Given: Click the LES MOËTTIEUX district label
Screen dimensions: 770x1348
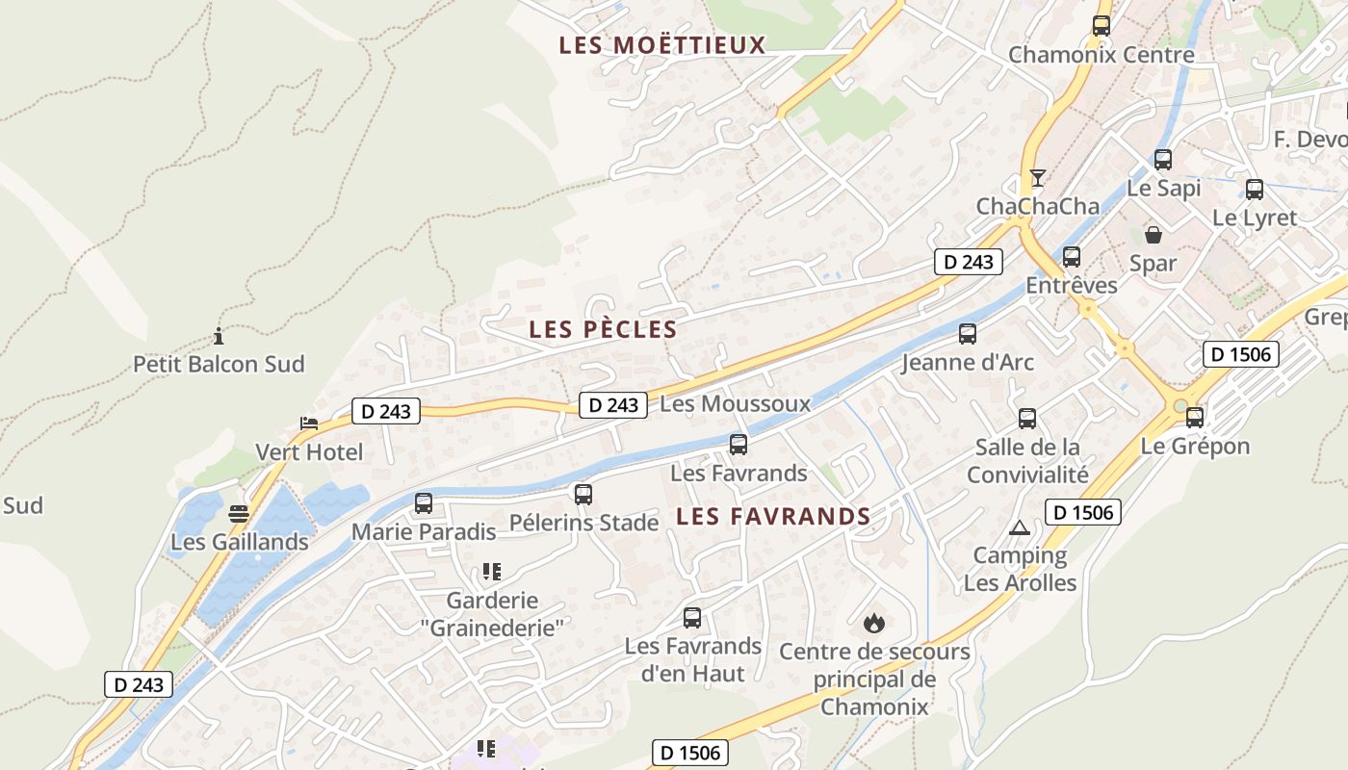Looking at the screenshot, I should click(x=661, y=45).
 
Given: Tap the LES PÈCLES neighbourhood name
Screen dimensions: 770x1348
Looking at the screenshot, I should click(x=603, y=329).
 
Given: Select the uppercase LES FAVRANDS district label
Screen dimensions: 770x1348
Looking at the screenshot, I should click(x=773, y=517).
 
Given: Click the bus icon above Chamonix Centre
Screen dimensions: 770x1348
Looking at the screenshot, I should click(x=1102, y=26).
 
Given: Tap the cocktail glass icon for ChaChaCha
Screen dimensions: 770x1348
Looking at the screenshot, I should click(x=1037, y=178).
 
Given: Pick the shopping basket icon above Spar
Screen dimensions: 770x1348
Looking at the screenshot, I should click(x=1153, y=234).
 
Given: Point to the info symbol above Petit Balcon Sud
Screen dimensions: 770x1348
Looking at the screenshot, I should click(x=219, y=336).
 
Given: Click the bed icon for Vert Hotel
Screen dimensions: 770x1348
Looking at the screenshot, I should click(x=308, y=423).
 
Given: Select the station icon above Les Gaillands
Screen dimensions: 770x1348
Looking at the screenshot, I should click(x=239, y=514).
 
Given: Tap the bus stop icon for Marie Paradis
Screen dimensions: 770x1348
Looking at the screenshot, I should click(x=424, y=502).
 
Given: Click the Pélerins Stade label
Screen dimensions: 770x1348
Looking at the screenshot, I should click(x=583, y=524).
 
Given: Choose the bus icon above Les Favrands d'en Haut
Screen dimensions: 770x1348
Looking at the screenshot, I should click(x=692, y=618).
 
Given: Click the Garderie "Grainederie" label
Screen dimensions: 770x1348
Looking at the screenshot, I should click(x=491, y=613).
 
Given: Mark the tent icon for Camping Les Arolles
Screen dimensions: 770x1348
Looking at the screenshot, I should click(x=1020, y=527).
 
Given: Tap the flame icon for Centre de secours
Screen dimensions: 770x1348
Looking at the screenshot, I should click(x=874, y=623).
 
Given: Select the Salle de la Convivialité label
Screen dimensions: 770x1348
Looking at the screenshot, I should click(x=1027, y=460).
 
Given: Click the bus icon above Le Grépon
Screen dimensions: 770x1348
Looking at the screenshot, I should click(x=1195, y=417).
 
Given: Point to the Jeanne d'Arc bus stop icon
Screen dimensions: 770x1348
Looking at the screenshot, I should click(x=968, y=334).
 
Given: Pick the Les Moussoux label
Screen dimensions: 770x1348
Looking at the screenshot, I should click(x=735, y=404).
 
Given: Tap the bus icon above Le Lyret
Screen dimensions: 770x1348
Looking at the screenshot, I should click(x=1255, y=190).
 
